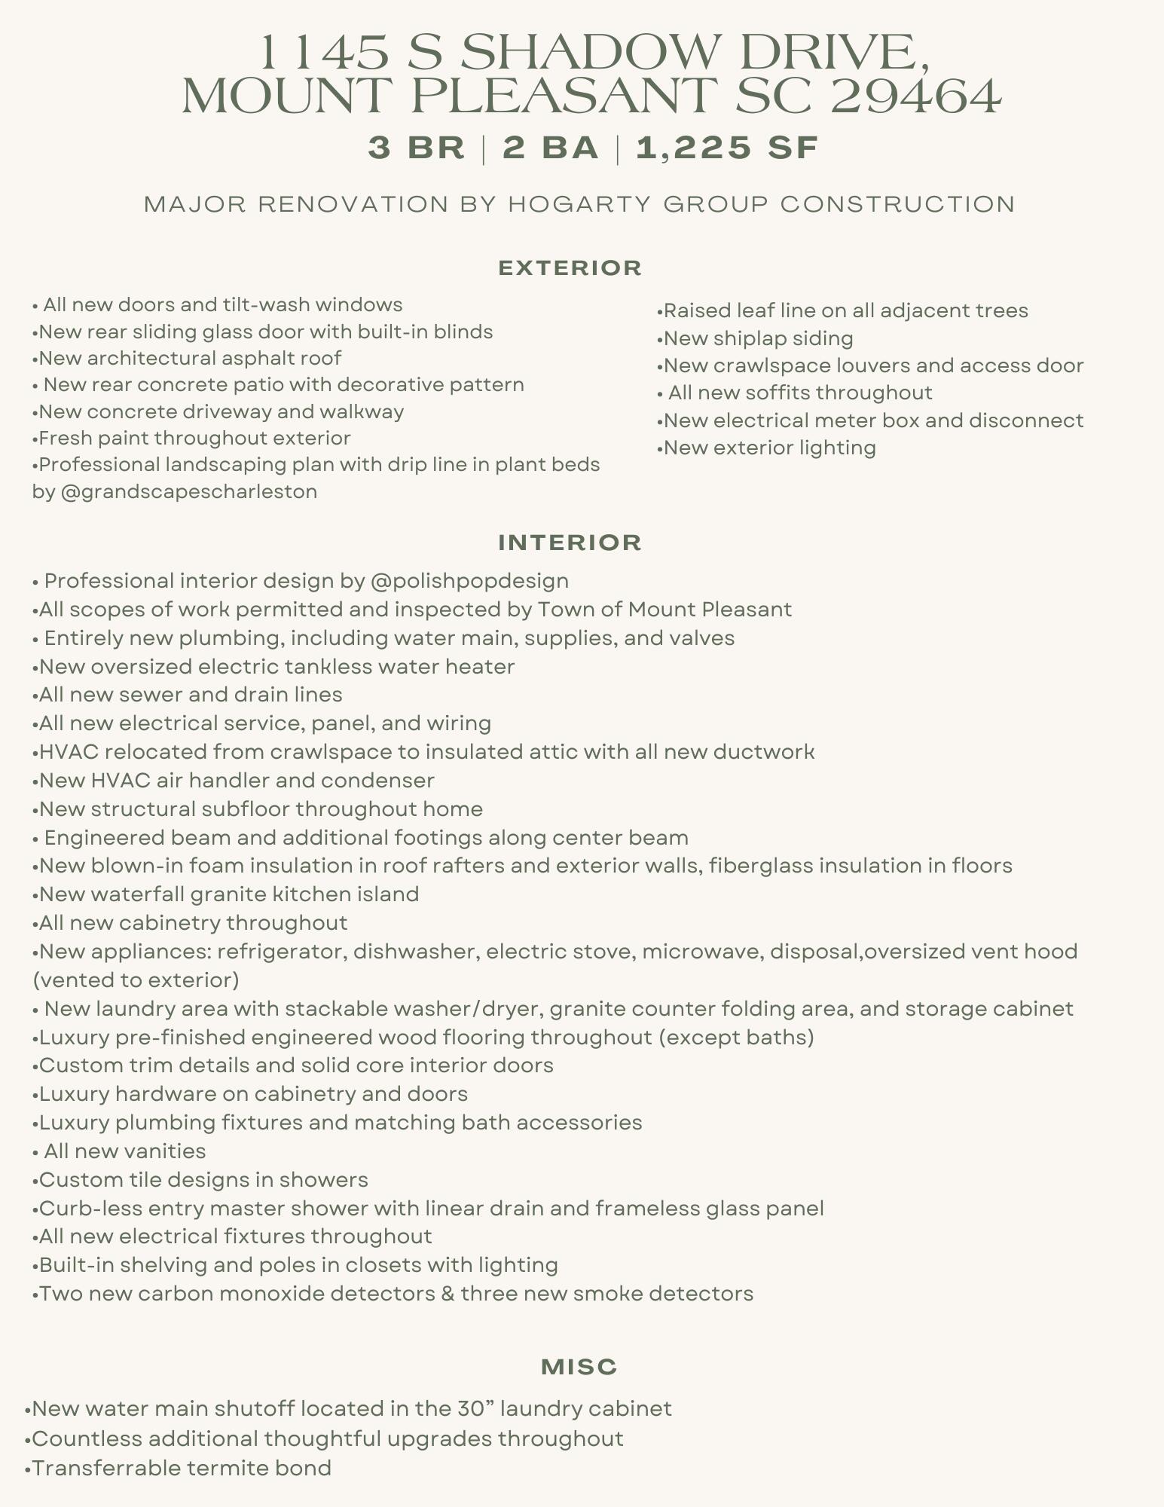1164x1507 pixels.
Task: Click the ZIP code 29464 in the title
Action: [916, 96]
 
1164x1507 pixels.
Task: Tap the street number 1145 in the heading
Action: [325, 53]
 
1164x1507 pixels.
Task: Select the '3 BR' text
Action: [417, 148]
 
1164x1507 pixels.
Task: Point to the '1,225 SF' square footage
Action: [727, 148]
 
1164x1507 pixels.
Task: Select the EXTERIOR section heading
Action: [570, 267]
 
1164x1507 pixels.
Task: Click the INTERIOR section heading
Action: [570, 543]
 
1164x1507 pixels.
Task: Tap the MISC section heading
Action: [579, 1367]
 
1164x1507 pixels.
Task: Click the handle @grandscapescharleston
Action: [188, 491]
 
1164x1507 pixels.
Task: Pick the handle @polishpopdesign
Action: [469, 581]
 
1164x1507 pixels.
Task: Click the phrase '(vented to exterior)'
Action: [136, 980]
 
